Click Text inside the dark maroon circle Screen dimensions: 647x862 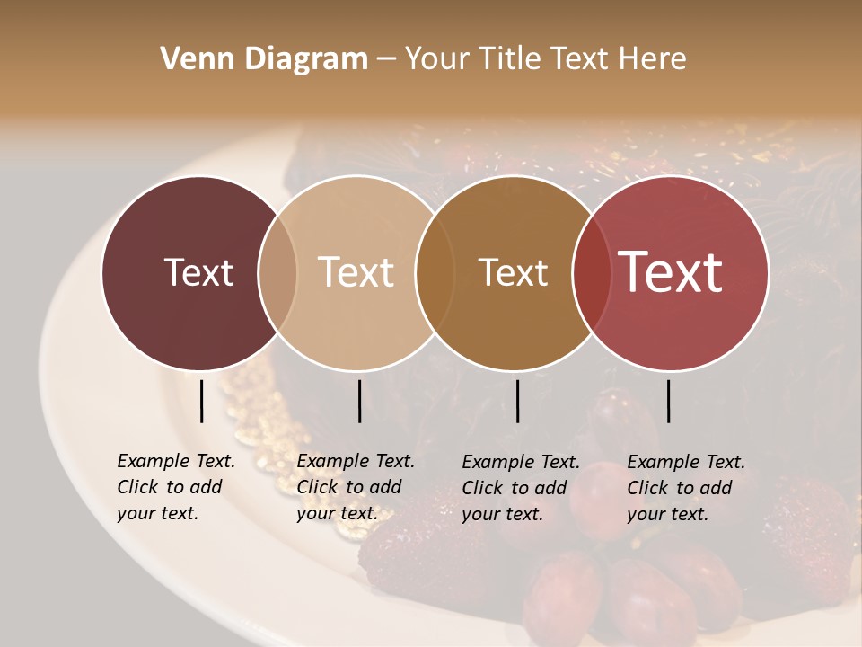198,272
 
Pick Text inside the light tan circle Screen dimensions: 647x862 356,272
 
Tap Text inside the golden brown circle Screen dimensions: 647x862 513,272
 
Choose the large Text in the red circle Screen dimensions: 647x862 671,272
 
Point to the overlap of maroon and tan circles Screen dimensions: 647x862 277,272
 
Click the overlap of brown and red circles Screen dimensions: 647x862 591,272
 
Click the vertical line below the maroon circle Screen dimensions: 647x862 202,401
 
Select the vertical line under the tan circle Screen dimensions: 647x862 359,401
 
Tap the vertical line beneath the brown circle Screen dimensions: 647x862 517,401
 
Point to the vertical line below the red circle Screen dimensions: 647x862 669,401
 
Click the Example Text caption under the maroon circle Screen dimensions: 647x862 176,487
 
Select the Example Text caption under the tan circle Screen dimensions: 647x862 356,487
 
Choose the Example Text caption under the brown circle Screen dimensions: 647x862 521,488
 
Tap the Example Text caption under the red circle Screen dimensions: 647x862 686,488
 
